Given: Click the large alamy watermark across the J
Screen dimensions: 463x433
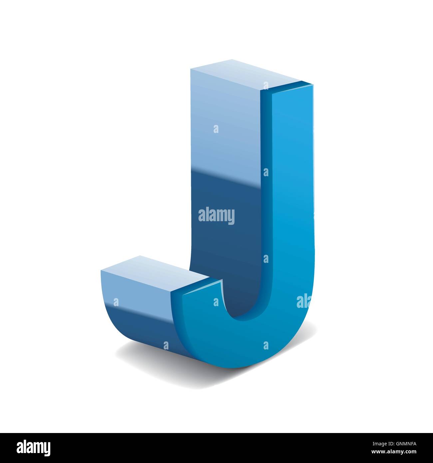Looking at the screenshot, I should [x=216, y=216].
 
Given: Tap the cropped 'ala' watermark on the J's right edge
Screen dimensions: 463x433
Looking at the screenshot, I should [x=303, y=301].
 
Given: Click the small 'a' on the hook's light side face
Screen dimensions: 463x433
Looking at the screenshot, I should [x=116, y=302].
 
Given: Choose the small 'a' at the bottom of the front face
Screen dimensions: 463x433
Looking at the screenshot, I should [x=266, y=345].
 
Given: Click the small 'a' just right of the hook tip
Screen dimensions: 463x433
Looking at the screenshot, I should [x=216, y=302].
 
